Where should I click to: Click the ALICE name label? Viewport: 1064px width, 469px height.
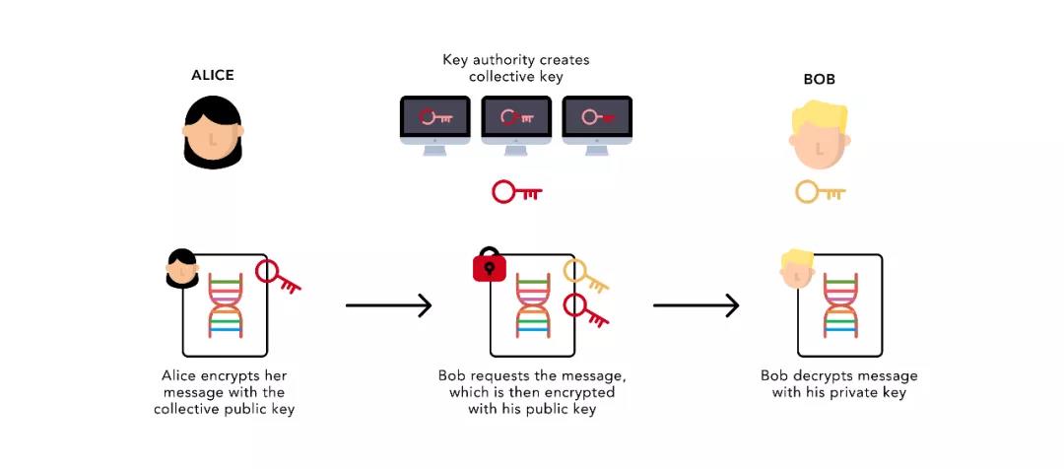click(212, 76)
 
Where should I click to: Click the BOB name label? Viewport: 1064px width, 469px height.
click(819, 80)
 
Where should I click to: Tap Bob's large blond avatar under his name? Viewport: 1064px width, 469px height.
click(819, 137)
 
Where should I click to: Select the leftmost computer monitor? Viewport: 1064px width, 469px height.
click(434, 122)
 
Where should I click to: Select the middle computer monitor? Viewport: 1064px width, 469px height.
click(515, 122)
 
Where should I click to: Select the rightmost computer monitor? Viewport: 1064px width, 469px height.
click(596, 122)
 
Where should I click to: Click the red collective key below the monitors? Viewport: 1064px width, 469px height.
click(516, 192)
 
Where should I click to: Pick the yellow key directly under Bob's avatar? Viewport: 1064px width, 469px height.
click(820, 192)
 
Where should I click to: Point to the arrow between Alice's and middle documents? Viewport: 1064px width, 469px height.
click(388, 305)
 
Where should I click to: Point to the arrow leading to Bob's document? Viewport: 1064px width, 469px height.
click(696, 305)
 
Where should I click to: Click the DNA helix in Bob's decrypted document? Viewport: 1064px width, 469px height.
click(840, 305)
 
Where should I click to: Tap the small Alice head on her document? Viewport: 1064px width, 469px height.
click(182, 268)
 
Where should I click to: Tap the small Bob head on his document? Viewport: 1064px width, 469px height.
click(796, 268)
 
